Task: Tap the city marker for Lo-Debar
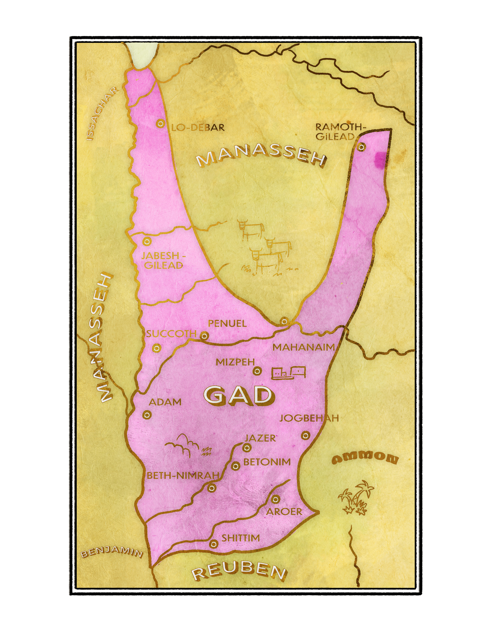pyautogui.click(x=161, y=124)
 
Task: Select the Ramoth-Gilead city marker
pyautogui.click(x=361, y=147)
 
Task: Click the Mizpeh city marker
pyautogui.click(x=257, y=371)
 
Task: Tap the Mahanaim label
pyautogui.click(x=303, y=347)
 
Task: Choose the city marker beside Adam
pyautogui.click(x=147, y=415)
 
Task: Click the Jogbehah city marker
pyautogui.click(x=306, y=436)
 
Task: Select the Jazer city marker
pyautogui.click(x=247, y=448)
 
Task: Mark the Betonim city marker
pyautogui.click(x=235, y=466)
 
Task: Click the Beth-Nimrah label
pyautogui.click(x=183, y=475)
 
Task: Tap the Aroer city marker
pyautogui.click(x=275, y=499)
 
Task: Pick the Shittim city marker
pyautogui.click(x=214, y=544)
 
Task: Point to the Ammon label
pyautogui.click(x=365, y=458)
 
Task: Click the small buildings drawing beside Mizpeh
pyautogui.click(x=289, y=373)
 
